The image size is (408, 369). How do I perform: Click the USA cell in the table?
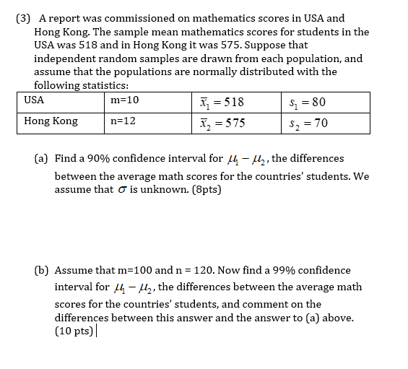click(x=34, y=100)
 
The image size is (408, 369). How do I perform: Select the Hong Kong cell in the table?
click(x=51, y=121)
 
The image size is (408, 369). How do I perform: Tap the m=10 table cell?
click(x=125, y=100)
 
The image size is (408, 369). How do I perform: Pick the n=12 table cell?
click(x=123, y=121)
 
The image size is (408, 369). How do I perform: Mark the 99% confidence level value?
click(x=276, y=270)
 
